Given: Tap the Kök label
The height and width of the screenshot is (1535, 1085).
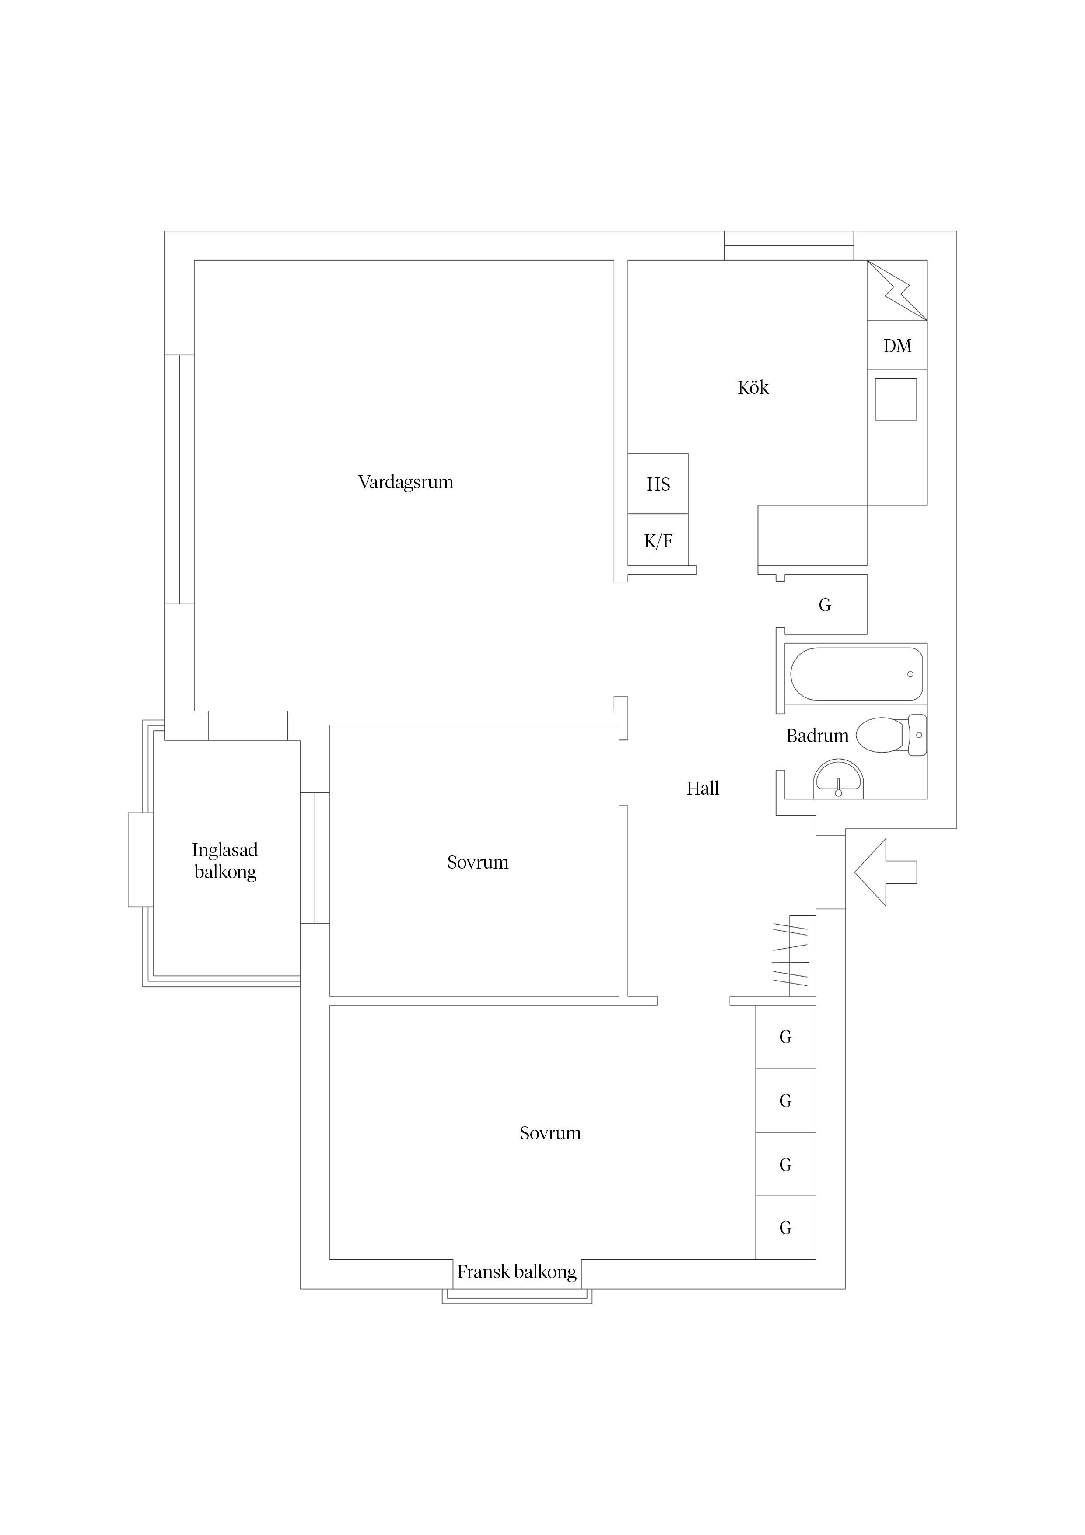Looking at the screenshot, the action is click(753, 387).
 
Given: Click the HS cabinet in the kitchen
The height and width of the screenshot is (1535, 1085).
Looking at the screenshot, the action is click(658, 484).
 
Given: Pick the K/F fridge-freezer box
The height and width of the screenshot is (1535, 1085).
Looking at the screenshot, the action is click(658, 540).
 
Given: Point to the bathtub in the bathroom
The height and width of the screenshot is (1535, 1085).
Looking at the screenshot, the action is click(856, 674).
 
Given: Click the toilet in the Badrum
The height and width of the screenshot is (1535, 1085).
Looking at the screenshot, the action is click(891, 735).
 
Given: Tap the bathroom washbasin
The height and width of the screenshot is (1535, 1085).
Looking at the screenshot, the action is click(838, 780).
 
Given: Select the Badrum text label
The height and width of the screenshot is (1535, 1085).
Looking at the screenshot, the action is click(817, 736).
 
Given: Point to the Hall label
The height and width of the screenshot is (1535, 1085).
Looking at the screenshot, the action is click(703, 788).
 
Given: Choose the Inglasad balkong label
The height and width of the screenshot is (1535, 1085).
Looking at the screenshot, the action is click(225, 860).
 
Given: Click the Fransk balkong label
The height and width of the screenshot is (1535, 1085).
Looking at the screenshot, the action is click(517, 1272).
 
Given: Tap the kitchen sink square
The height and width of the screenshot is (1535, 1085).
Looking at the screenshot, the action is click(896, 399).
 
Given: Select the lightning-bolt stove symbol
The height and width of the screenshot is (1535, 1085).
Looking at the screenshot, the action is click(897, 290).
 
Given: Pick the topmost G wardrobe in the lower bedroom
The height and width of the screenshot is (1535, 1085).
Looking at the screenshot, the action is click(785, 1037).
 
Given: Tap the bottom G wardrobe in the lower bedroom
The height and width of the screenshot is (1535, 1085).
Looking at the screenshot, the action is click(785, 1227).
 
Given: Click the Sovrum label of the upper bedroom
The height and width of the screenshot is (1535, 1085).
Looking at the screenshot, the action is click(477, 862).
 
